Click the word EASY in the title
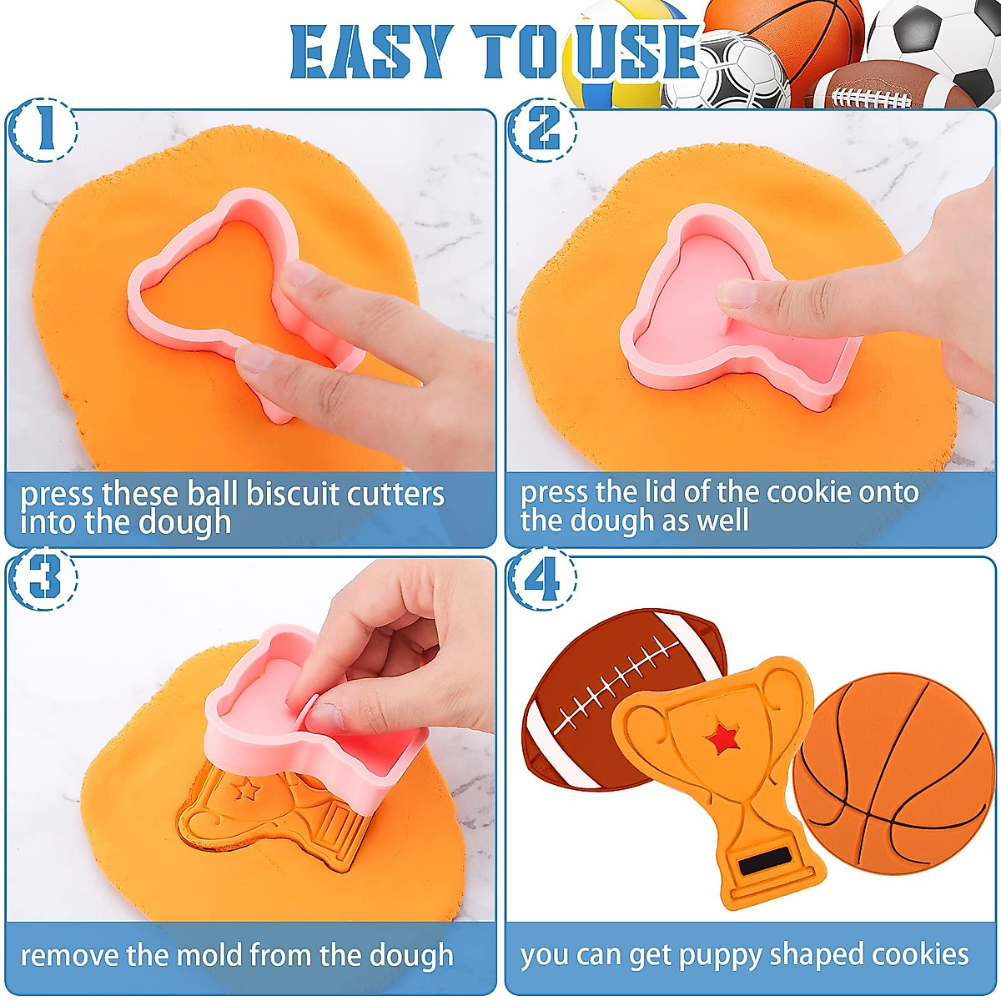[371, 53]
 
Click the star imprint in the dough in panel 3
[247, 788]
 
